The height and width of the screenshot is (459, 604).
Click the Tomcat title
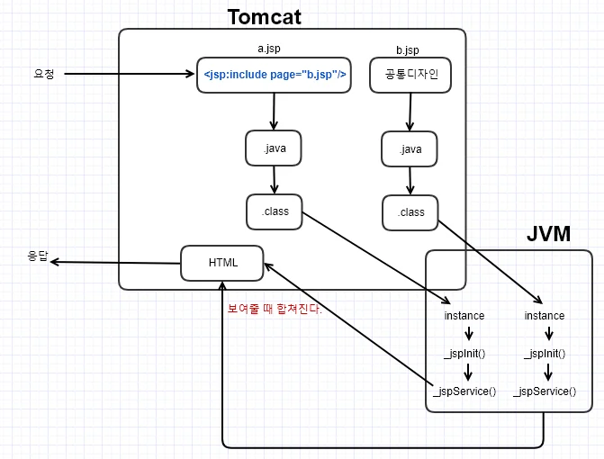(x=265, y=17)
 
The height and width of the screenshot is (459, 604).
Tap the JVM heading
(x=548, y=233)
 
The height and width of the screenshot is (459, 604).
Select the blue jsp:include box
(x=274, y=75)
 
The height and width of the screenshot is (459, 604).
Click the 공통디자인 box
(x=410, y=75)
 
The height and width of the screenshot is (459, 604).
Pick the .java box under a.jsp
(x=274, y=148)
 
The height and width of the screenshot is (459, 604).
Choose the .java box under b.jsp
(x=410, y=149)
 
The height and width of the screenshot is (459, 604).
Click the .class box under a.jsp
(x=275, y=211)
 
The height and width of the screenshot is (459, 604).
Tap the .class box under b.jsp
(x=410, y=213)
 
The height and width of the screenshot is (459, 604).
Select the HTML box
(x=222, y=263)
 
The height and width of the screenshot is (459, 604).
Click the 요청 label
(x=43, y=74)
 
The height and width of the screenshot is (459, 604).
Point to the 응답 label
(x=38, y=256)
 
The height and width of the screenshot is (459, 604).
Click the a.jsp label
(x=269, y=49)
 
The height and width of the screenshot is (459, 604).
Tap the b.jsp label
(x=408, y=50)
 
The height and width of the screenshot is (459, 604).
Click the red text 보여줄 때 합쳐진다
(x=275, y=309)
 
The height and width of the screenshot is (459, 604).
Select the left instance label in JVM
(x=464, y=316)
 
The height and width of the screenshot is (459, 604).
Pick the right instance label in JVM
(x=545, y=316)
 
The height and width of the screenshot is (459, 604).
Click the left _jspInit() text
(x=464, y=354)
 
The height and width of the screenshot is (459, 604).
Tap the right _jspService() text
(x=545, y=391)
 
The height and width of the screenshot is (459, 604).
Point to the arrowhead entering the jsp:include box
(x=191, y=74)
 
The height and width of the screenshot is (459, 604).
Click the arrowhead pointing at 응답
(x=54, y=262)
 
